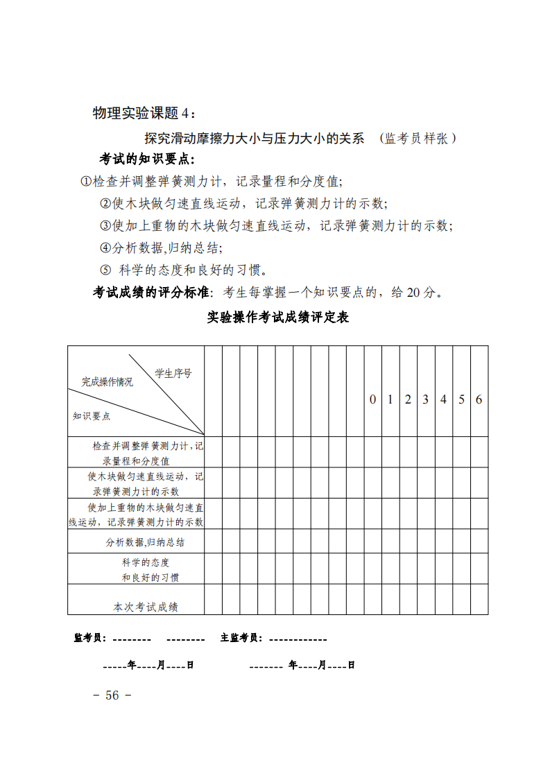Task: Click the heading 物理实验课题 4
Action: tap(144, 113)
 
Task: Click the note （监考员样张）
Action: tap(418, 138)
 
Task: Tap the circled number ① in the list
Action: tap(86, 182)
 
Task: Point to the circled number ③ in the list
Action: tap(105, 226)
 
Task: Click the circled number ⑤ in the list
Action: tap(105, 270)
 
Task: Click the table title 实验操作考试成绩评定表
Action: tap(277, 318)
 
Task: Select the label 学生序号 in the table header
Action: tap(173, 373)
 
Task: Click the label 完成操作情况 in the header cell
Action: tap(108, 382)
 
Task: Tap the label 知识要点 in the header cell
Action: tap(92, 416)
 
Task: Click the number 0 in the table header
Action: tap(372, 399)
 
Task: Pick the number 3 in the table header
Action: tap(426, 399)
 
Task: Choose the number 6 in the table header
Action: tap(479, 399)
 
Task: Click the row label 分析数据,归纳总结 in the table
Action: tap(145, 542)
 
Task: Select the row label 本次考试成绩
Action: tap(146, 607)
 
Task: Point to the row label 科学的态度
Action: tap(146, 562)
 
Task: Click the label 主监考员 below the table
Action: tap(241, 638)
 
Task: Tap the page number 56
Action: tap(112, 695)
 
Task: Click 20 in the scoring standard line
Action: tap(413, 293)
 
